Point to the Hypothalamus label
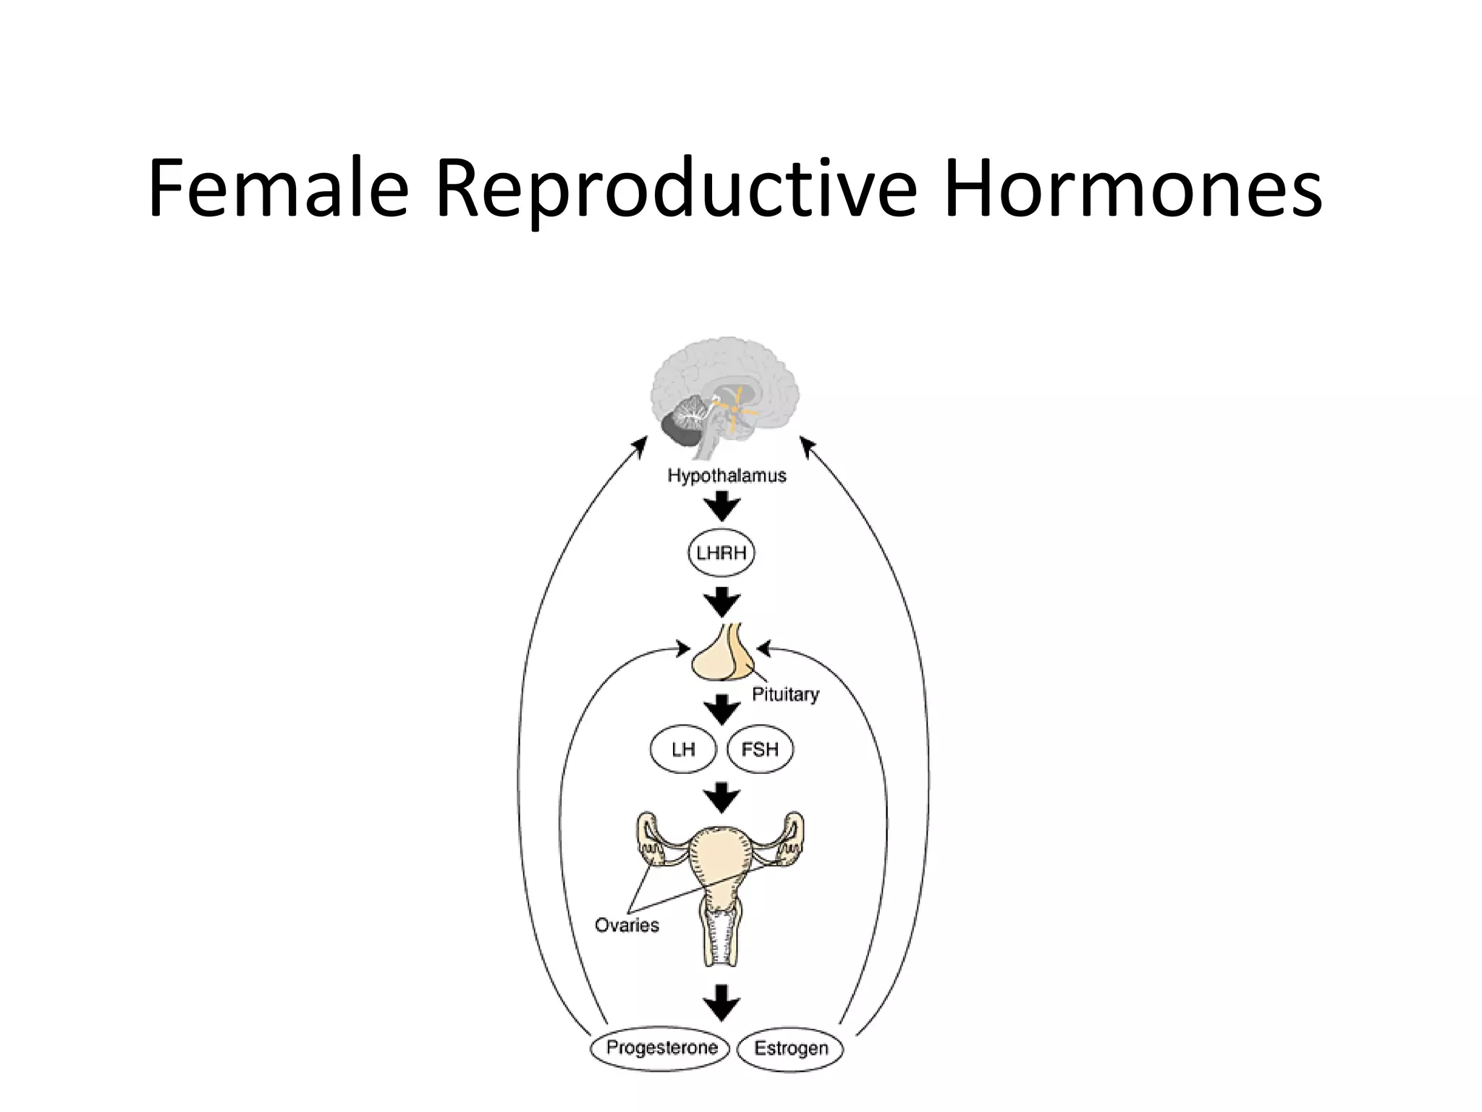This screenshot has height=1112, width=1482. coord(727,476)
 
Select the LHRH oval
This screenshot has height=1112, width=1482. coord(721,553)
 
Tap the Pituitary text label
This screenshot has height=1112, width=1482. coord(785,694)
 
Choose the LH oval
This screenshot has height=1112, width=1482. coord(683,749)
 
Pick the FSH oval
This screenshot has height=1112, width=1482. coord(760,749)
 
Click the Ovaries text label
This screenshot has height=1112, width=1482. coord(627,925)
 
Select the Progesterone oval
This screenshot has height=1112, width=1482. coord(661,1048)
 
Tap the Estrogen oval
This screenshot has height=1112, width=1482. coord(790,1049)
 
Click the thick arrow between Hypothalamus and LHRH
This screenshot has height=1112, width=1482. coord(722,506)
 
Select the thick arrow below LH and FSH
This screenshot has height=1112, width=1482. coord(722,797)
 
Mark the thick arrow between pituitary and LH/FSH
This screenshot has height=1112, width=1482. coord(722,709)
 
